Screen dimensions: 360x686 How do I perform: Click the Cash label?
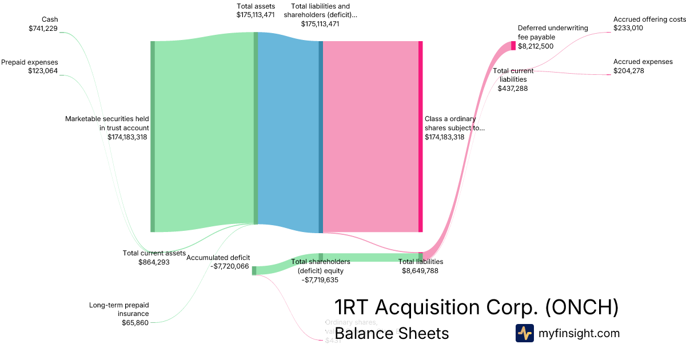click(50, 19)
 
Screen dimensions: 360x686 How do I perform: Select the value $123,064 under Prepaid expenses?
click(43, 71)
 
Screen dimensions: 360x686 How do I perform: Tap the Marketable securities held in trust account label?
click(107, 123)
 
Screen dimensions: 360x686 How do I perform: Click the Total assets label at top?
click(256, 6)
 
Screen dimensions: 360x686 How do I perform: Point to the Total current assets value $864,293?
click(154, 262)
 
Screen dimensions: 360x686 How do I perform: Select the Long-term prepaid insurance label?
click(119, 309)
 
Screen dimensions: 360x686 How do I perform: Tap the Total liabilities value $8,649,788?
click(420, 271)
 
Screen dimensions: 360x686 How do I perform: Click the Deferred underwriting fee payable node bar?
click(513, 46)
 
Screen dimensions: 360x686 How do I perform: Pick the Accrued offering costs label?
click(649, 19)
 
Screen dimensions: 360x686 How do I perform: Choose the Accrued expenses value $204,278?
click(629, 71)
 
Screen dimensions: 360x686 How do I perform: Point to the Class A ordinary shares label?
click(454, 123)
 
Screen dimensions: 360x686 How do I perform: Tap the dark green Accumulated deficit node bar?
click(254, 271)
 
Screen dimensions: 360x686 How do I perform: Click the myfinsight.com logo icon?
click(524, 333)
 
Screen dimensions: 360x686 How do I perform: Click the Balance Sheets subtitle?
click(392, 333)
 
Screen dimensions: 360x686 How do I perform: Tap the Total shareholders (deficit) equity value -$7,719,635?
click(321, 280)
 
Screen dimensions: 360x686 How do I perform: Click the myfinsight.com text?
click(579, 333)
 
